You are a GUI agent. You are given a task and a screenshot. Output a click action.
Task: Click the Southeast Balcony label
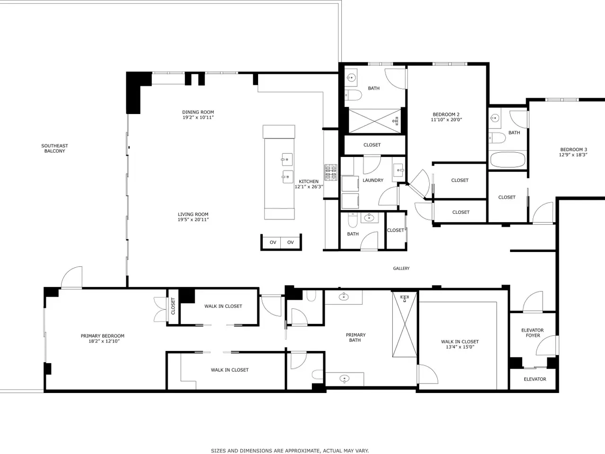coord(54,148)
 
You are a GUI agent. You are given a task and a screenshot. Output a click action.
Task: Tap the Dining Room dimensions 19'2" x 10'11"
coord(198,117)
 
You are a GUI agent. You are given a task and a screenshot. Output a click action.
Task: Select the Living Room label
coord(193,214)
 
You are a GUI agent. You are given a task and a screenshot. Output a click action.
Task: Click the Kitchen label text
coord(309,182)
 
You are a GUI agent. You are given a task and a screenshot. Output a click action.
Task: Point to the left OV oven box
coord(273,242)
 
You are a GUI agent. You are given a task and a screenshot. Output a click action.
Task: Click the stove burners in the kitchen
coord(331,173)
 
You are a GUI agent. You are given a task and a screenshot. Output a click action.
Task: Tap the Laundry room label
coord(373,180)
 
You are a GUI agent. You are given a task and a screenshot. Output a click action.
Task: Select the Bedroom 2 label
coord(446,114)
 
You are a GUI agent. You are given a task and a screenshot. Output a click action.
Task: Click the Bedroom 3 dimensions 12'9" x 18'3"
coord(573,155)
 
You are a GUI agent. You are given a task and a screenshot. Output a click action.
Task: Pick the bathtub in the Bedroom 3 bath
coord(508,160)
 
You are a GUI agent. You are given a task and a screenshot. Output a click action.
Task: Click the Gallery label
coord(401,268)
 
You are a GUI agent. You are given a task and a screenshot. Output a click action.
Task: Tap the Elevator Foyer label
coord(533,333)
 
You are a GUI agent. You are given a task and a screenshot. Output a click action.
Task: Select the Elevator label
coord(535,379)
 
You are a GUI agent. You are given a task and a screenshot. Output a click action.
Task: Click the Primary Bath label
coord(355,337)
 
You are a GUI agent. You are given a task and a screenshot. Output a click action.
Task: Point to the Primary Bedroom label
coord(103,336)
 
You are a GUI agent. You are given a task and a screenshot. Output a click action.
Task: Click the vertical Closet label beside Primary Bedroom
coord(173,306)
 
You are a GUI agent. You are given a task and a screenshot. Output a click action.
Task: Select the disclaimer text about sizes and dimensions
coord(290,451)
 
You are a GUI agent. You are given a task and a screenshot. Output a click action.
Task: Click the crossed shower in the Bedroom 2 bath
coord(375,121)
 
